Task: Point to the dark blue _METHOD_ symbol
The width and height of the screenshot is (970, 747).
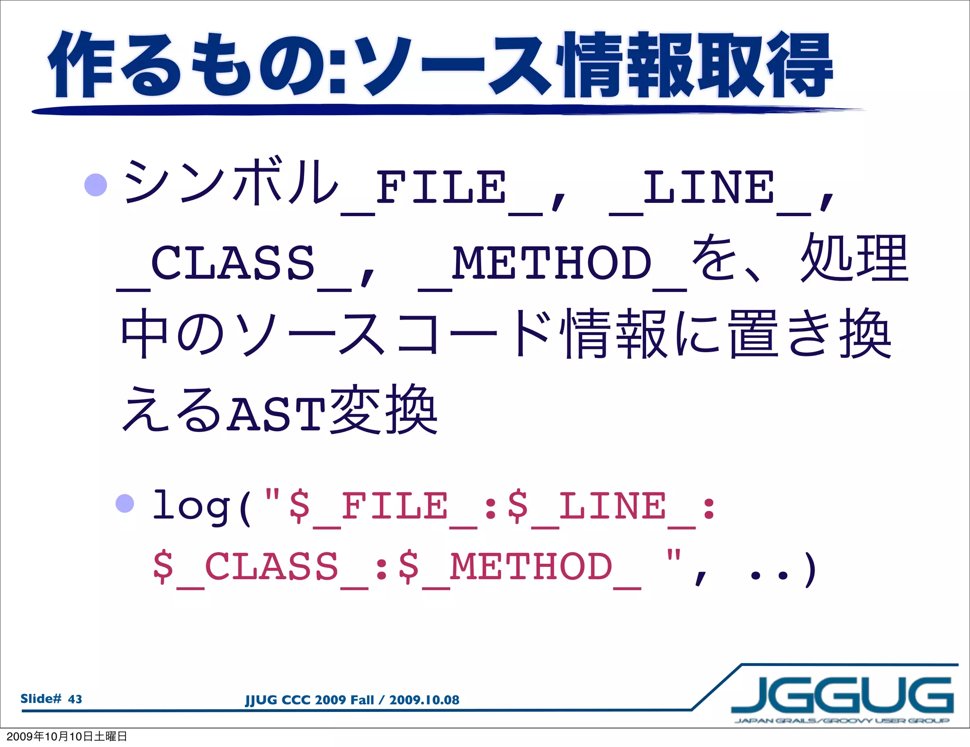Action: [552, 264]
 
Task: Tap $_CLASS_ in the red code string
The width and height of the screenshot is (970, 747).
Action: [260, 567]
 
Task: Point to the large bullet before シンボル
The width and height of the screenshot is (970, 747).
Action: [96, 185]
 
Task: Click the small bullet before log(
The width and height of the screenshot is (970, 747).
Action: [125, 503]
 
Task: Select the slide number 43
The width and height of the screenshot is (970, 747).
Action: [75, 699]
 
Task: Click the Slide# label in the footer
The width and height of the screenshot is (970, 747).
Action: [41, 699]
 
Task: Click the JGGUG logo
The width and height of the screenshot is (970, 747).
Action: [842, 697]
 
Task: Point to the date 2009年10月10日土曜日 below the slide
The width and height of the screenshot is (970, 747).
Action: [67, 736]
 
